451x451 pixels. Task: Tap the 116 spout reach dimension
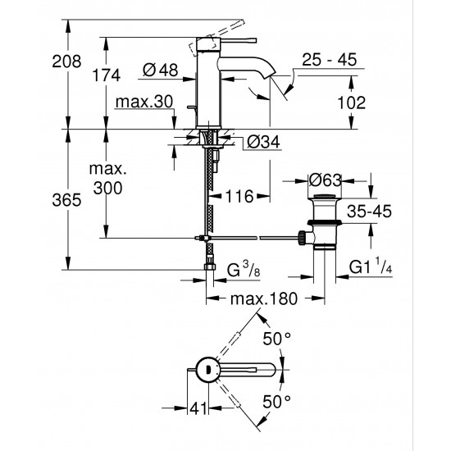(239, 197)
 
